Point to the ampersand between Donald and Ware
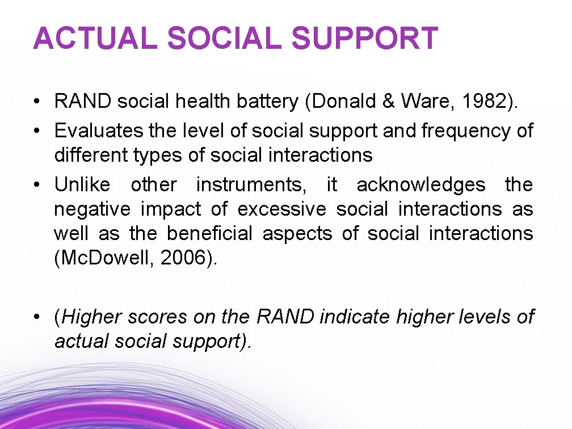pos(389,102)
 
